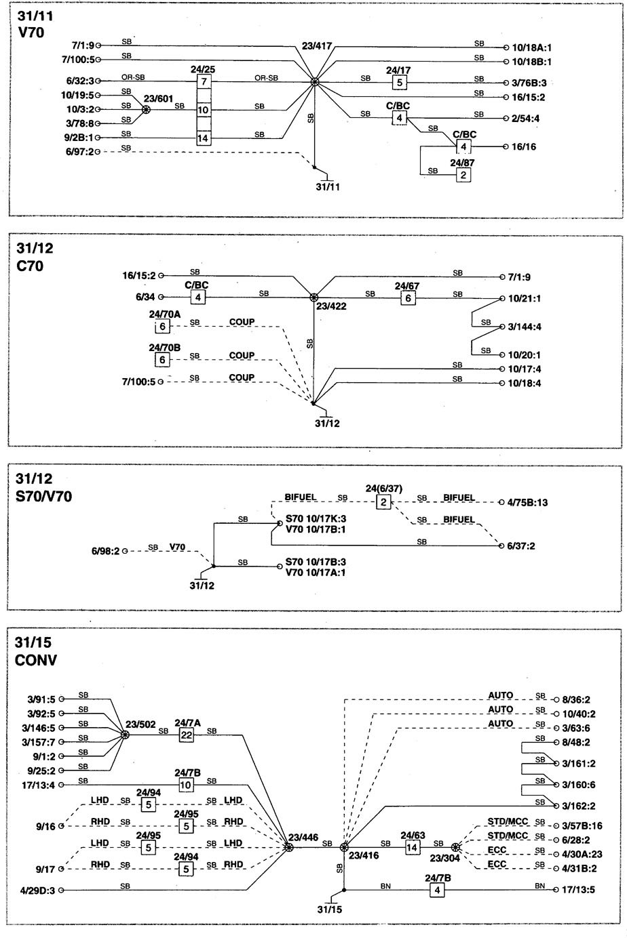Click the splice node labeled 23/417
314,82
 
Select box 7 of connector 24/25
203,81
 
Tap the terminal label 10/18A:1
531,47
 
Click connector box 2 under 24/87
463,175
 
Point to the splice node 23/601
146,109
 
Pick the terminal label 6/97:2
79,151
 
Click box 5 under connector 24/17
400,83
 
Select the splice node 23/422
313,298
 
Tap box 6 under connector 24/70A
162,326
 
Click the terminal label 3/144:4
525,327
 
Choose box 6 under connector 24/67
408,298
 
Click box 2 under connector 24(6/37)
383,502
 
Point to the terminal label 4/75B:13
527,502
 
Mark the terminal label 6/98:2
105,550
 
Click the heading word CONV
36,660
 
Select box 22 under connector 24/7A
186,735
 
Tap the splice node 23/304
455,847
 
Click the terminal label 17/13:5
578,889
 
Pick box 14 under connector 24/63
412,847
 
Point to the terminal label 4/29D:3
37,890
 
